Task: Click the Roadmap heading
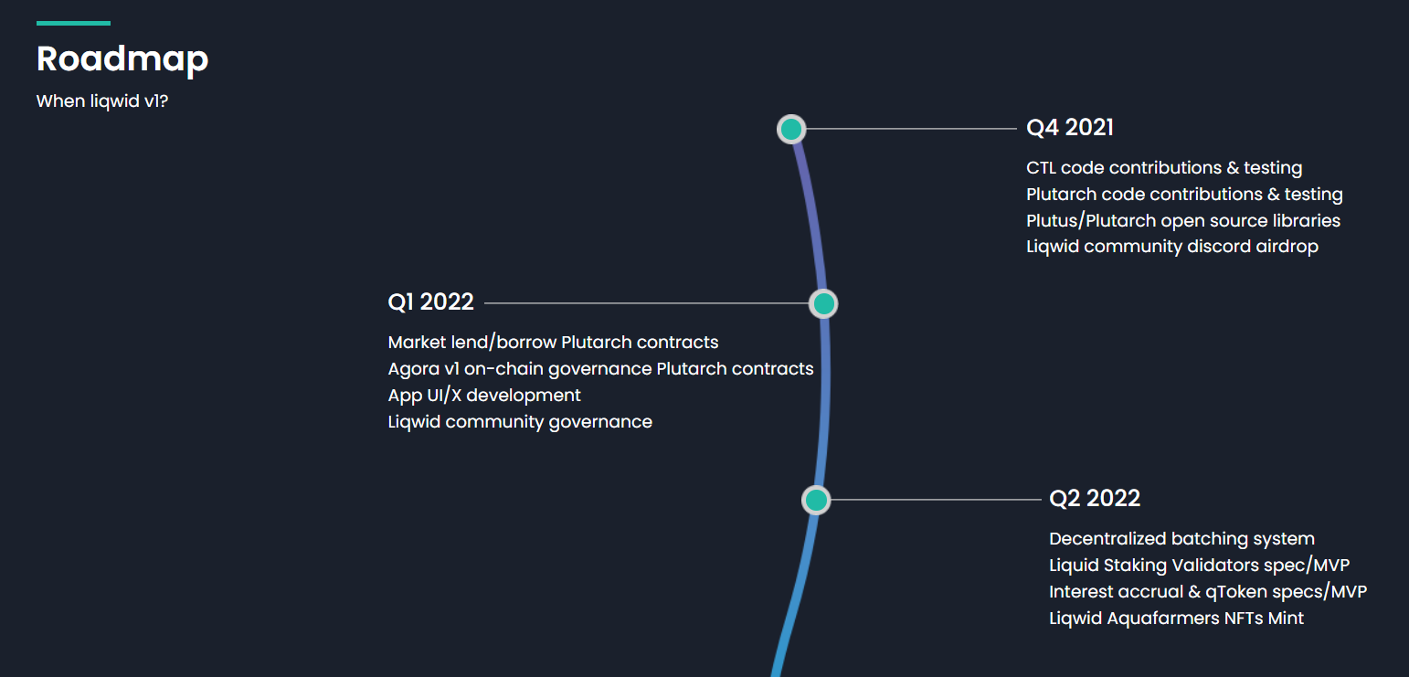[x=122, y=58]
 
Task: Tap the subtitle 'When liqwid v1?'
[x=102, y=100]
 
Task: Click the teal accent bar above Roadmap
[x=73, y=23]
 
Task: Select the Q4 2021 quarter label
[x=1070, y=128]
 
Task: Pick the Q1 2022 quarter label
[x=431, y=302]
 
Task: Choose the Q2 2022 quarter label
[x=1095, y=498]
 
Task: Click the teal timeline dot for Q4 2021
[x=791, y=130]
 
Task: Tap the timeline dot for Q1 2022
[x=823, y=303]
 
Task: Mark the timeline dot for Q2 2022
[x=816, y=500]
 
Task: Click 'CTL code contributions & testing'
[x=1164, y=168]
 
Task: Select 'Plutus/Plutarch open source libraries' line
[x=1183, y=221]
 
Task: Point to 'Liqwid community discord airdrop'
[x=1172, y=247]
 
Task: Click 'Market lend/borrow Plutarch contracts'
[x=553, y=343]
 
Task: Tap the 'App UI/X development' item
[x=484, y=396]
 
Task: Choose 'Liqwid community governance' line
[x=520, y=422]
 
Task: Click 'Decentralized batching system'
[x=1181, y=539]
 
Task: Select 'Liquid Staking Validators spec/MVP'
[x=1199, y=566]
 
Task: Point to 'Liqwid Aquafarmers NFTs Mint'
[x=1176, y=619]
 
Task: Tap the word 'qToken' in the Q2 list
[x=1236, y=592]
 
